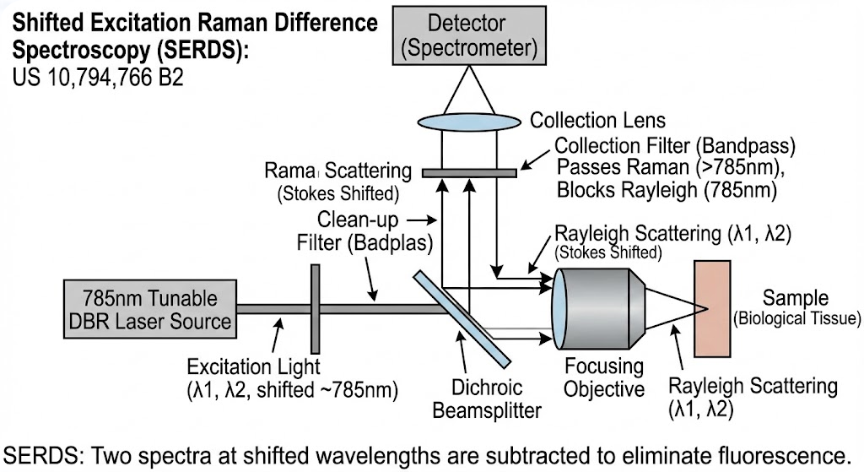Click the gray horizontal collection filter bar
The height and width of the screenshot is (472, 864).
coord(468,173)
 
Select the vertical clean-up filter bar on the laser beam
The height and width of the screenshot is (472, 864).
coord(314,309)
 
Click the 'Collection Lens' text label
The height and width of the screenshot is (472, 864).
coord(597,121)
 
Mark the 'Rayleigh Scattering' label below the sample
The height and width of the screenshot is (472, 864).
coord(753,388)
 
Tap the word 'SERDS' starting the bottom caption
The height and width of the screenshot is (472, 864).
coord(35,448)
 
